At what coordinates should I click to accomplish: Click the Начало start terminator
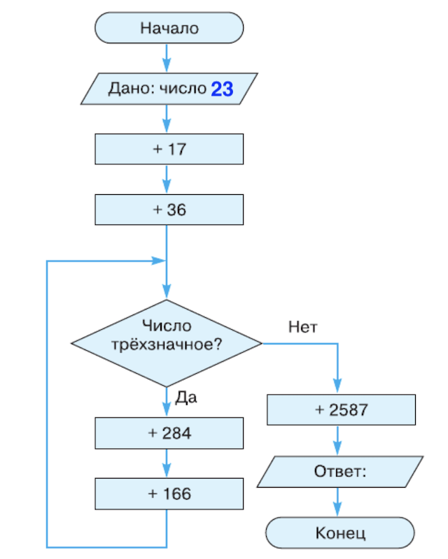click(169, 29)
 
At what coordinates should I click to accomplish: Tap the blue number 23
click(222, 89)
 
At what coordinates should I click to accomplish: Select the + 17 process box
click(169, 149)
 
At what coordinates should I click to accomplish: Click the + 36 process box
click(169, 210)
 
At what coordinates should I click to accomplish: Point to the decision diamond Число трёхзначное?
click(167, 342)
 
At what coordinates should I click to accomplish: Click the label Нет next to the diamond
click(302, 326)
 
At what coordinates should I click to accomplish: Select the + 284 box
click(169, 433)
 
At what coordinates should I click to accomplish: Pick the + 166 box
click(169, 493)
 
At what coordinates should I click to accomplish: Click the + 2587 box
click(341, 410)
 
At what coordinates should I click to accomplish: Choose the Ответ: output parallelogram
click(339, 471)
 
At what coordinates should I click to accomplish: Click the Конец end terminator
click(340, 532)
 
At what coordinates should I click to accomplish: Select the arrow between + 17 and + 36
click(167, 180)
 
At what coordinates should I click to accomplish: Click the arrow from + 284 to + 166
click(167, 463)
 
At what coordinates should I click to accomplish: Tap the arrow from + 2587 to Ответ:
click(339, 440)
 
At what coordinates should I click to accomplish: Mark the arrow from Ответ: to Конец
click(339, 502)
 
